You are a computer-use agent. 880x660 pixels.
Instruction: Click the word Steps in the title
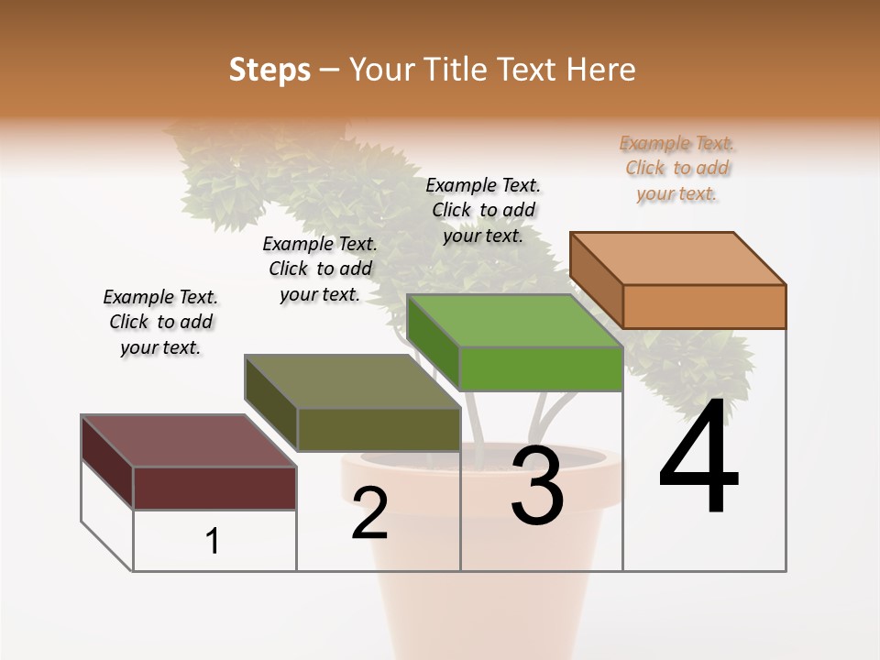(269, 70)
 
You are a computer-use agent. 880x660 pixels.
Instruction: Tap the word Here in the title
(601, 70)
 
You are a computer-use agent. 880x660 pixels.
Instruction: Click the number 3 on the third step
(537, 486)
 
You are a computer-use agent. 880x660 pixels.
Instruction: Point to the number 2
(370, 513)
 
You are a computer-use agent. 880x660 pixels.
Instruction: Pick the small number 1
(213, 542)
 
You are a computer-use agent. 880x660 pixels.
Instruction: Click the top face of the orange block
(678, 258)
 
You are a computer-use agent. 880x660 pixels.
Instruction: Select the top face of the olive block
(352, 381)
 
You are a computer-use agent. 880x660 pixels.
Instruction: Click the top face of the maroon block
(189, 441)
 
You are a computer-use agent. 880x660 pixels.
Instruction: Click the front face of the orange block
(704, 306)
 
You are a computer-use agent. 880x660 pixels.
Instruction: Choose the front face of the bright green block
(541, 368)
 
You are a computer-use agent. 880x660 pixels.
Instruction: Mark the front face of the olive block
(379, 429)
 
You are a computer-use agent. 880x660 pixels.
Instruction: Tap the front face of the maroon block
(214, 488)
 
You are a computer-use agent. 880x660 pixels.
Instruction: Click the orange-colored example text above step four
(676, 168)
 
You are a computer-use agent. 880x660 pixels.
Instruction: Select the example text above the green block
(483, 210)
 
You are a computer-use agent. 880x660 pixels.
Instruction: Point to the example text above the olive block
(320, 269)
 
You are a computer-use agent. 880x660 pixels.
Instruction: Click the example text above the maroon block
(160, 322)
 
